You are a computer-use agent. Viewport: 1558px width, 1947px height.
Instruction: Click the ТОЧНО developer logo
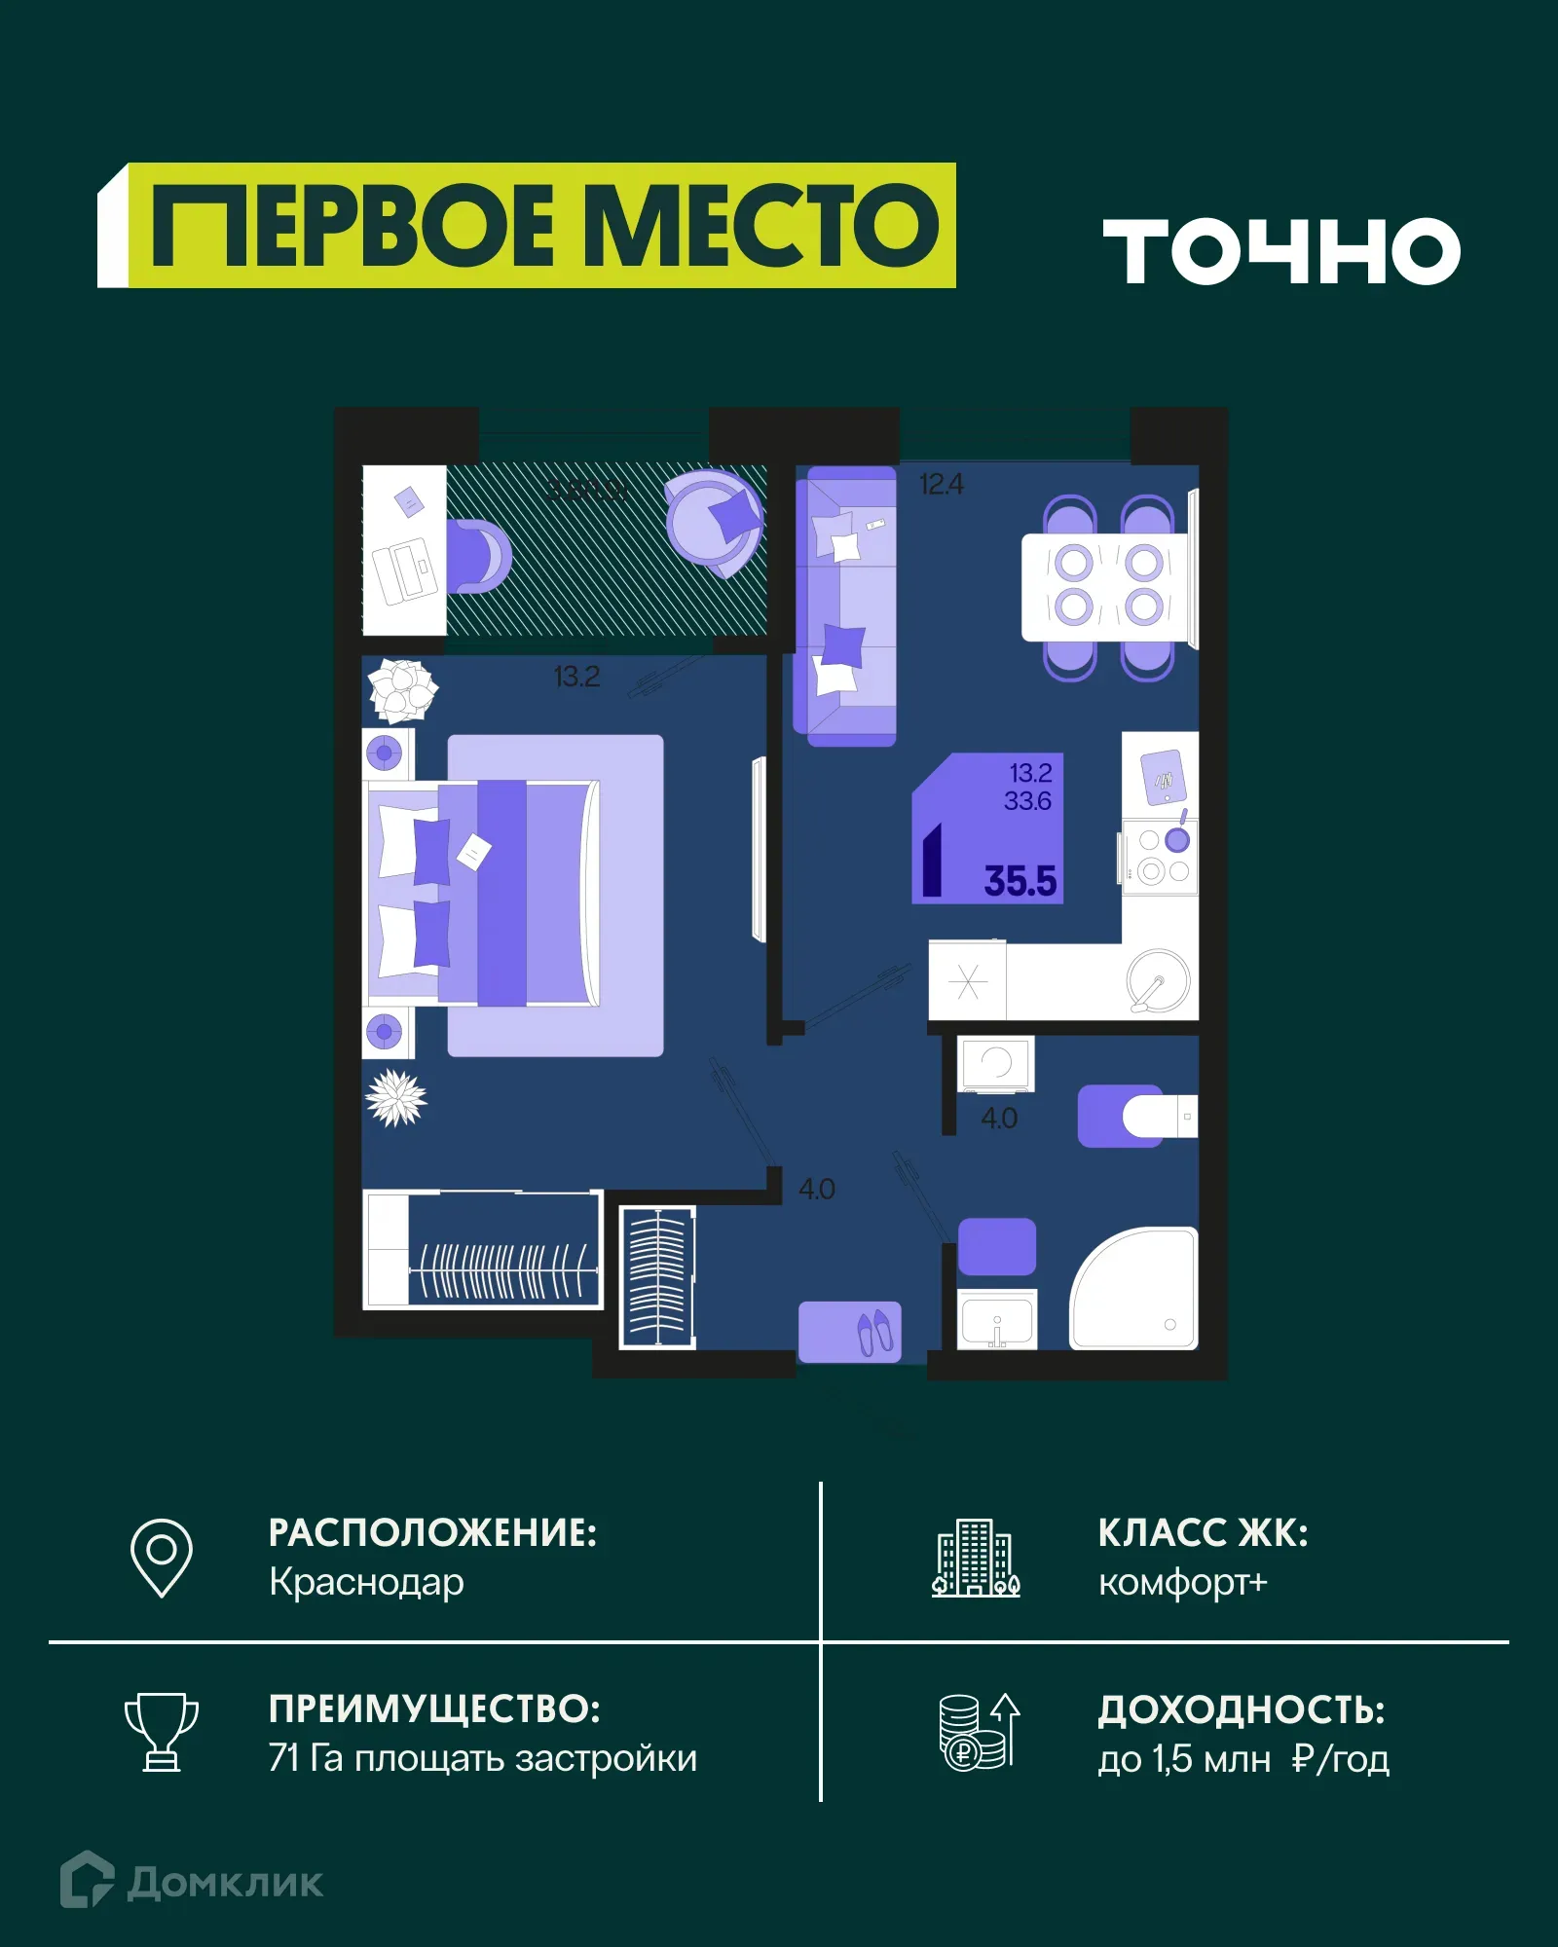(x=1280, y=251)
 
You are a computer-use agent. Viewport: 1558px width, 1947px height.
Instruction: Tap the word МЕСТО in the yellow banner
(x=764, y=226)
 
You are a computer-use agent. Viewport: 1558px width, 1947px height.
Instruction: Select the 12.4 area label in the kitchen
(x=941, y=484)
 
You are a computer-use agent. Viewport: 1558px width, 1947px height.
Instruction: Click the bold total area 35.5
(x=1020, y=881)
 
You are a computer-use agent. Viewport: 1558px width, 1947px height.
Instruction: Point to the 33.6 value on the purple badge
(x=1027, y=801)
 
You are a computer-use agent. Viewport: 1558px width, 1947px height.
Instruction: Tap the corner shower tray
(x=1135, y=1290)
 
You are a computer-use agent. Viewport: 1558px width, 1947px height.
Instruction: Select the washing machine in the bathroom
(x=996, y=1064)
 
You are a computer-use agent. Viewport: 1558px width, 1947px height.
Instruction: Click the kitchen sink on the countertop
(x=1158, y=980)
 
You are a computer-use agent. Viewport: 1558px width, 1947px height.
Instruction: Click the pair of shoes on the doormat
(x=873, y=1331)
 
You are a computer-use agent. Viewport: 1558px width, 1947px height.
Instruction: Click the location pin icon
(x=162, y=1556)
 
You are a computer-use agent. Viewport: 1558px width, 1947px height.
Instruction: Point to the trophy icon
(x=162, y=1732)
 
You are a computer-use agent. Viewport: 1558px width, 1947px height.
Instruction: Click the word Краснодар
(x=366, y=1582)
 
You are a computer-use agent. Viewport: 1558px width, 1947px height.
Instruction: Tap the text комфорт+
(x=1182, y=1582)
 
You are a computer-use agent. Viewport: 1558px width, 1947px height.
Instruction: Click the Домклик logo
(x=192, y=1882)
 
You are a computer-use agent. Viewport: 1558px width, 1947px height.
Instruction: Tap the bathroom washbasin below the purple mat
(x=996, y=1320)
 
